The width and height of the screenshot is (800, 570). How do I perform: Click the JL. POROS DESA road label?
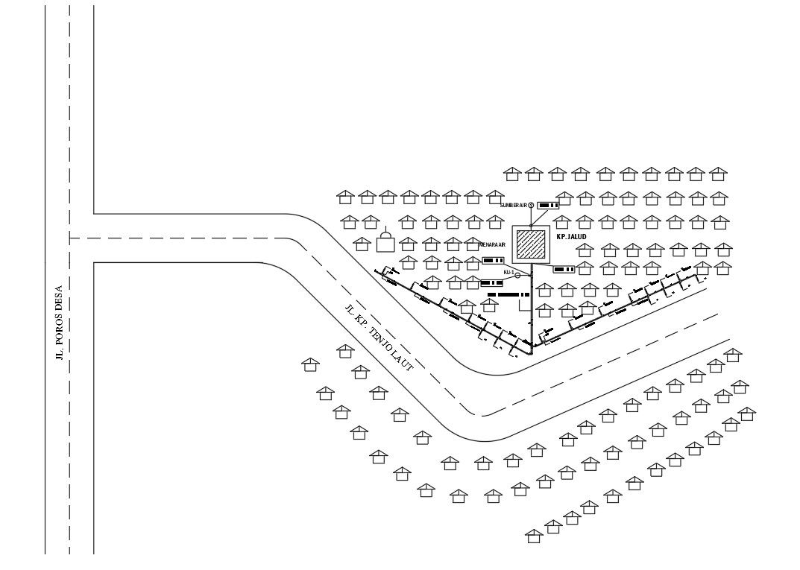60,325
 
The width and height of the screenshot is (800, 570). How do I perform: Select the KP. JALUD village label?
573,237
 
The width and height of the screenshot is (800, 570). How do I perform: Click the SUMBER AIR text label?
513,205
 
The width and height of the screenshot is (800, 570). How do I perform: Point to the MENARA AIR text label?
492,244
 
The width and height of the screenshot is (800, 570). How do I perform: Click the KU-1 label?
508,273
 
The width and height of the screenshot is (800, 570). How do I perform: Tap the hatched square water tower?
531,243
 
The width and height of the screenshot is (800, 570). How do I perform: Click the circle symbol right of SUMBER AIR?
531,205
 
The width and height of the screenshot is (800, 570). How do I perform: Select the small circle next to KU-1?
517,274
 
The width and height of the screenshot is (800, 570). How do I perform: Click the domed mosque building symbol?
385,241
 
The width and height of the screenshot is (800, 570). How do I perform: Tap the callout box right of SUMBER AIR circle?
548,205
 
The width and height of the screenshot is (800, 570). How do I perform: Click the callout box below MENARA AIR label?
493,260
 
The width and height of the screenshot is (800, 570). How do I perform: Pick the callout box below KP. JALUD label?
564,269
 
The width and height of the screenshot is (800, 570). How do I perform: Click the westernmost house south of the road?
310,364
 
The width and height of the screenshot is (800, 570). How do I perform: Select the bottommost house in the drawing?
534,535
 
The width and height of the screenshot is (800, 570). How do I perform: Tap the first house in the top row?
511,174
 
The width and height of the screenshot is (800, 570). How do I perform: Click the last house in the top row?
717,174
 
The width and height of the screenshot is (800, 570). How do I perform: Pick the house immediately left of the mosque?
362,244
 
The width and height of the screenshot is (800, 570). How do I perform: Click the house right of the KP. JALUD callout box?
585,267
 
